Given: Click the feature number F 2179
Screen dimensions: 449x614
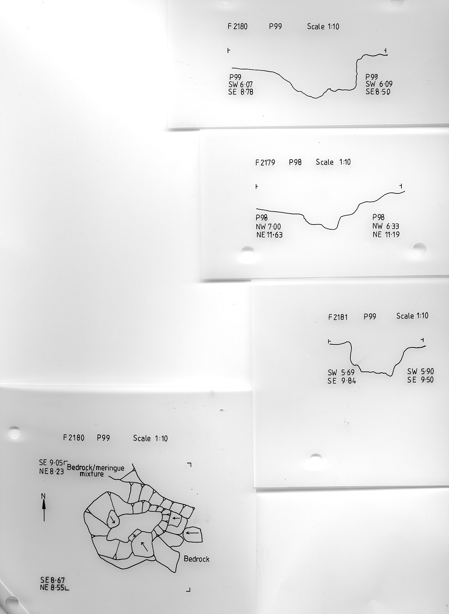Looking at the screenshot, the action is coord(265,162).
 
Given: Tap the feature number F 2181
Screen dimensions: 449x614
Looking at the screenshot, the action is coord(338,317).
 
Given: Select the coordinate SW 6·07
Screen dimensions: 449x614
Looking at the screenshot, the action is coord(240,84).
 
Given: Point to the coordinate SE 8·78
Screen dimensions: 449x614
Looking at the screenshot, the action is coord(241,92).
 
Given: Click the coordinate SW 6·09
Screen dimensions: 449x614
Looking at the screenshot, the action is coord(379,84).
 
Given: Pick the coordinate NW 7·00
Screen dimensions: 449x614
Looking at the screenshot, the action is coord(268,227).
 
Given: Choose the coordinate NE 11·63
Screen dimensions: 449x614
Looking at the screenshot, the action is coord(269,235).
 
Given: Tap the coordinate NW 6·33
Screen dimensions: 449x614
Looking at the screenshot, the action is coord(386,226).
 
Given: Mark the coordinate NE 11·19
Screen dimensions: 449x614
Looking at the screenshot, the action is coord(386,235).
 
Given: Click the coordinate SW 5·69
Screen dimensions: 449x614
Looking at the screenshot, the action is coord(341,373).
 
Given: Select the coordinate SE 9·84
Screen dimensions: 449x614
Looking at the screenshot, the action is coord(342,381).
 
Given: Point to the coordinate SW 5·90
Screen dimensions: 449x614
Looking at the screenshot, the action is coord(420,372).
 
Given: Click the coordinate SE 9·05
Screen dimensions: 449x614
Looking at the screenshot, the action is coord(51,462).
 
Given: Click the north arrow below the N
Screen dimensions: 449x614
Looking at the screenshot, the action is coord(44,510).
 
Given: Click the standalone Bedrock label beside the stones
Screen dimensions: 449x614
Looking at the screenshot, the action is coord(197,559).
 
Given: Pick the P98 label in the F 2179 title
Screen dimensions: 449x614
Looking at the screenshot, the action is coord(295,162).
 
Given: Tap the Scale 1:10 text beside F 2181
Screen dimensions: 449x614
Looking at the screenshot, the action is coord(412,316).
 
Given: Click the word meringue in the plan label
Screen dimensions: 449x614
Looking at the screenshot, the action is coord(109,468).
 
